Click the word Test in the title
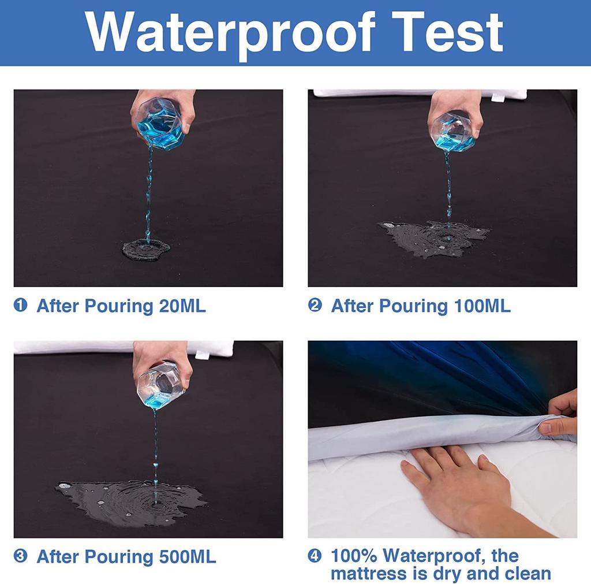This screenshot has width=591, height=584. (447, 32)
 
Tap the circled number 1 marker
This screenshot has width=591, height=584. (20, 305)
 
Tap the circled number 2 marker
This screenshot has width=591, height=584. (315, 305)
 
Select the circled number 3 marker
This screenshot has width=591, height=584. (20, 556)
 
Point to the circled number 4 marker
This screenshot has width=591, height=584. (315, 555)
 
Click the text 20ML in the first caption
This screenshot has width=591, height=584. (182, 306)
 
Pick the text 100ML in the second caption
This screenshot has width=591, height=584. (482, 306)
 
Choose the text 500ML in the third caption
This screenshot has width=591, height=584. (188, 557)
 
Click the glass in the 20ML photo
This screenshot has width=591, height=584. (162, 123)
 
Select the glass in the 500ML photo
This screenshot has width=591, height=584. (161, 385)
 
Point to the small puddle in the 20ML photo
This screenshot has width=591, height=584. (146, 250)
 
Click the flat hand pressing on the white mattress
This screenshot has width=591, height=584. (463, 486)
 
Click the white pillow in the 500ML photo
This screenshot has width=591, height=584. (125, 348)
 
